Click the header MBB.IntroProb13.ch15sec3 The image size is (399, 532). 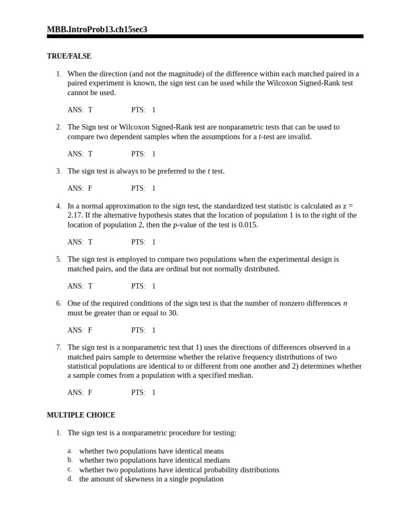point(97,30)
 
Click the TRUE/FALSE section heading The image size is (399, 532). point(69,56)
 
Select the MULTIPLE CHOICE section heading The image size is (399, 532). point(81,415)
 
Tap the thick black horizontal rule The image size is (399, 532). point(205,36)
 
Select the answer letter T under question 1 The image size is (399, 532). point(90,110)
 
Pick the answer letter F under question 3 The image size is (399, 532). point(90,189)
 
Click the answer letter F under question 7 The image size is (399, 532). point(90,393)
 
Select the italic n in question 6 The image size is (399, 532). point(345,303)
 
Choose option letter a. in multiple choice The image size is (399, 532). point(70,451)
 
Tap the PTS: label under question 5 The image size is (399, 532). point(138,286)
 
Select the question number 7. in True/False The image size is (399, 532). point(59,348)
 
